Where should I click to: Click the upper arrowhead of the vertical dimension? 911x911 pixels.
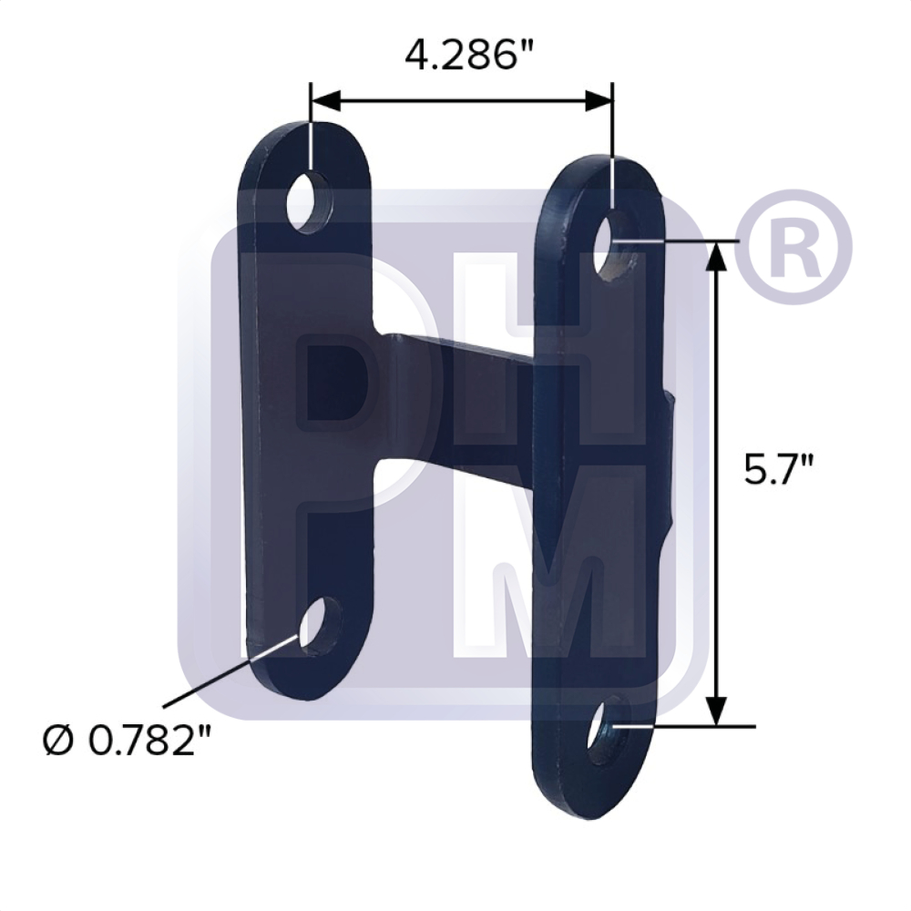click(x=718, y=257)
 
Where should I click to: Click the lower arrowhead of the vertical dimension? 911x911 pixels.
click(x=718, y=711)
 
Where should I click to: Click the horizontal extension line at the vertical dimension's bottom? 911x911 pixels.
click(x=692, y=727)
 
